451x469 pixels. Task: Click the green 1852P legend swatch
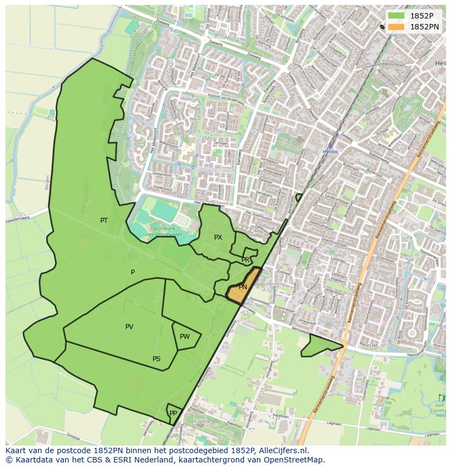(396, 16)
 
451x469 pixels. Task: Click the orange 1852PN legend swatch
(396, 27)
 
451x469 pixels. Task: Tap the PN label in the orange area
(243, 287)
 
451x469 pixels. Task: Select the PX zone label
(218, 237)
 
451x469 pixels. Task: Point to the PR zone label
(246, 260)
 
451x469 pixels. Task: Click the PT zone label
(104, 221)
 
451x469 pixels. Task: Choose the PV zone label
(129, 327)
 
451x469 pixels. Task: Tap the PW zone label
(185, 337)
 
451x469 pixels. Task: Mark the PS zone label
(156, 359)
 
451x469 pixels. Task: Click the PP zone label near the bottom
(173, 413)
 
